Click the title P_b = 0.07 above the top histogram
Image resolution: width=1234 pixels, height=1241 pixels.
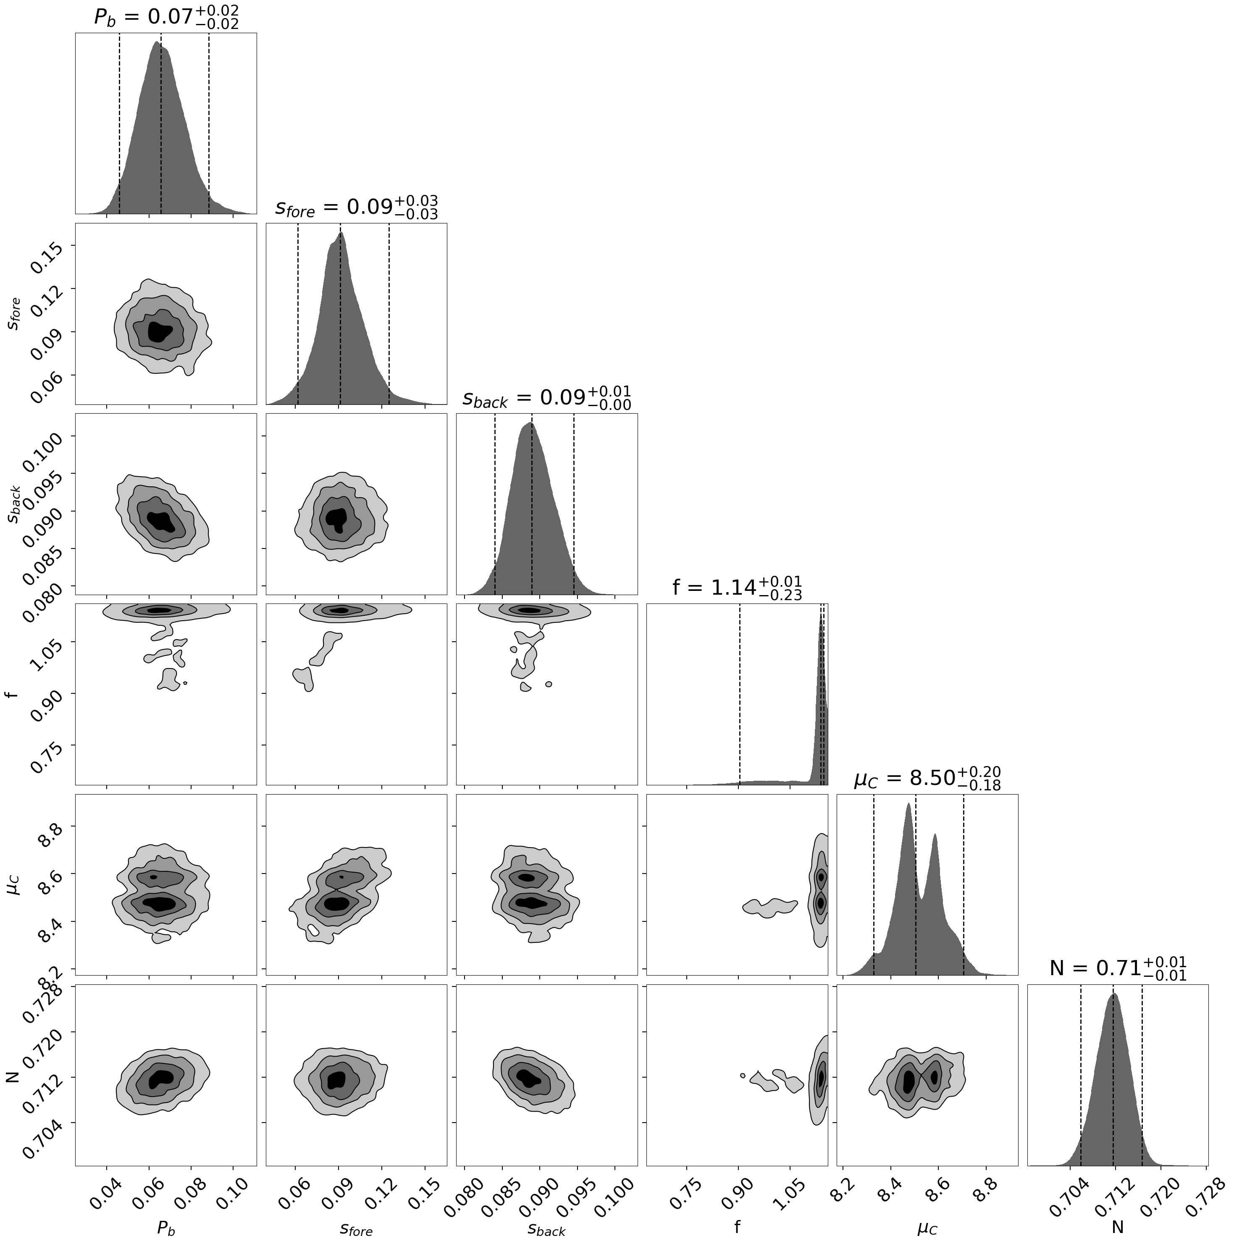pyautogui.click(x=166, y=17)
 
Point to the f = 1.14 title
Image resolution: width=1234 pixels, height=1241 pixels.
pyautogui.click(x=737, y=587)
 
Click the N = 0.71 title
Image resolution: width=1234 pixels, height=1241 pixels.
pyautogui.click(x=1118, y=968)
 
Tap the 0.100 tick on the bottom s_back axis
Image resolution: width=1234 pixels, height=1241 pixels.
pyautogui.click(x=612, y=1199)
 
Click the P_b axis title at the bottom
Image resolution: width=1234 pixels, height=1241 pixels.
pyautogui.click(x=166, y=1228)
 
